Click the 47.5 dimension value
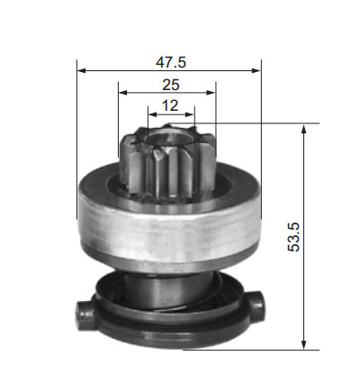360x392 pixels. (171, 62)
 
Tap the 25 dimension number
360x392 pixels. (171, 85)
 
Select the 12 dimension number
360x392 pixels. (170, 105)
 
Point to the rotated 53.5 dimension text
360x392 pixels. (293, 237)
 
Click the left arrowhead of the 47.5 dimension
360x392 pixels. (82, 70)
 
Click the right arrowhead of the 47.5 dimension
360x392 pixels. (256, 70)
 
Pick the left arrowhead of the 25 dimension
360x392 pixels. (123, 93)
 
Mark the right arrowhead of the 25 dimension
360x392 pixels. (211, 93)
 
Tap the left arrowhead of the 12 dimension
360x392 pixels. (153, 114)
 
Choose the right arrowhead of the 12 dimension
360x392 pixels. (190, 114)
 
